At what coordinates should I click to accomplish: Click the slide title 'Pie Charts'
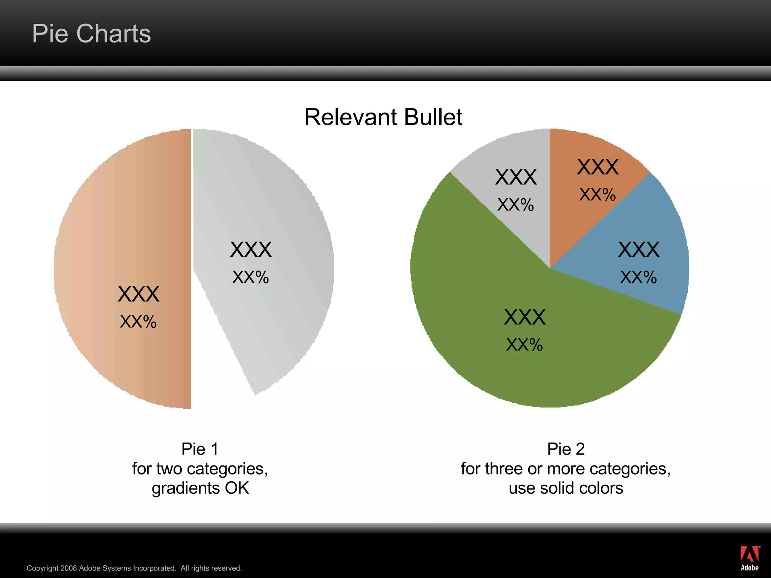[91, 34]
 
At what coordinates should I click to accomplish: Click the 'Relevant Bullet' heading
[383, 117]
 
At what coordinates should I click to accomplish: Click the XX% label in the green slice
[524, 345]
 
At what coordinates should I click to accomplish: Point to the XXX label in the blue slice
[638, 249]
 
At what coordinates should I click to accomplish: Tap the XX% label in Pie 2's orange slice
[597, 195]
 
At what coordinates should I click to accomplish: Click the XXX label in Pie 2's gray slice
[516, 177]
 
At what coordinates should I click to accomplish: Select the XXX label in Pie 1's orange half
[139, 294]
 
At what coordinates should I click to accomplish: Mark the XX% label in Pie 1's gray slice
[251, 277]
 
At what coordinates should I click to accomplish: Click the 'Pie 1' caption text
[200, 449]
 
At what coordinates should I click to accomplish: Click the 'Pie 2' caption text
[566, 449]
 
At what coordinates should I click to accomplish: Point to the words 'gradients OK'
[200, 488]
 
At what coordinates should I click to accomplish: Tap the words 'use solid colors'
[566, 488]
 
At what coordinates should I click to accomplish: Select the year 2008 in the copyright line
[69, 568]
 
